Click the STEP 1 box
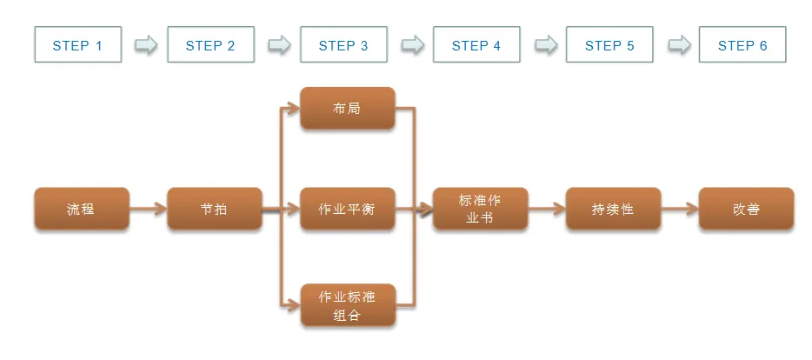[77, 44]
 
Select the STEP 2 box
[210, 44]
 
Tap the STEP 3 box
[343, 44]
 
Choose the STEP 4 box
[476, 44]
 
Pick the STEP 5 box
[609, 44]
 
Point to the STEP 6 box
[742, 44]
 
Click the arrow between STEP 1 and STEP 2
[146, 44]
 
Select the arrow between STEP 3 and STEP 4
[412, 44]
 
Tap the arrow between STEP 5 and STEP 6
[678, 44]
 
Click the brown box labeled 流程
[81, 209]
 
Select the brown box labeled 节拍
[214, 209]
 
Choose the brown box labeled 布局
[347, 109]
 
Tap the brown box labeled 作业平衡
[347, 209]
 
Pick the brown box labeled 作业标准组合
[347, 305]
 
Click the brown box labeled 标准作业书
[480, 209]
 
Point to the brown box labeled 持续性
[613, 209]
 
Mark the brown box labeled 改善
[746, 209]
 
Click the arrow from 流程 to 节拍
[148, 209]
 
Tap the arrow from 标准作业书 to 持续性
[547, 209]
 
